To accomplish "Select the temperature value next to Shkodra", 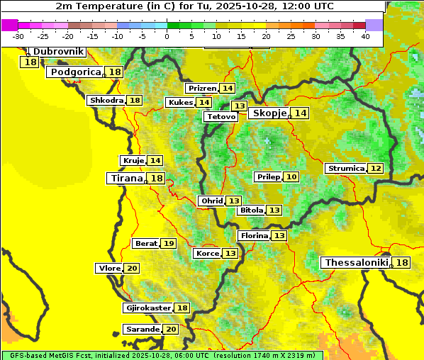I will coord(135,100).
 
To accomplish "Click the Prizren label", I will coord(201,88).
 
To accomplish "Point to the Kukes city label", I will coord(180,102).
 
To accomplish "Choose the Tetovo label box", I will coord(221,116).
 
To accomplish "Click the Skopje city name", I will coord(269,113).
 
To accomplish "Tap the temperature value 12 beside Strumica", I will coord(375,168).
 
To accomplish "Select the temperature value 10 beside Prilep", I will coord(291,176).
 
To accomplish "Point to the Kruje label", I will coord(133,160).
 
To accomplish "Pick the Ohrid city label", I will coord(211,201).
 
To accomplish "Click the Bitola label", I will coord(251,210).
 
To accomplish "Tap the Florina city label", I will coord(254,235).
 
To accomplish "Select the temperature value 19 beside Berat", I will coord(168,243).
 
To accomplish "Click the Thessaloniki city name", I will coord(356,262).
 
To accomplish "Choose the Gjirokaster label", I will coord(147,308).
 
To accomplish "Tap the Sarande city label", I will coord(141,329).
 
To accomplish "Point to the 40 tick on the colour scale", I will coord(365,36).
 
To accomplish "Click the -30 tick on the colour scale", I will coord(18,36).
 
